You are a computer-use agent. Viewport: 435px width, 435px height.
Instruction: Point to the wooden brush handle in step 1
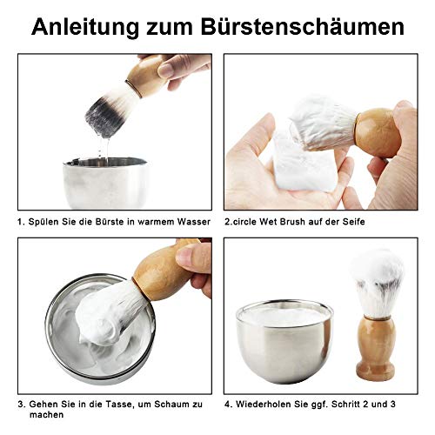coord(143,73)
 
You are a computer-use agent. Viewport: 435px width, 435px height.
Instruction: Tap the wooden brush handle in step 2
coord(379,130)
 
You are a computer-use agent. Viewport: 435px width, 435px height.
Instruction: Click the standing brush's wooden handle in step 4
coord(375,348)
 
